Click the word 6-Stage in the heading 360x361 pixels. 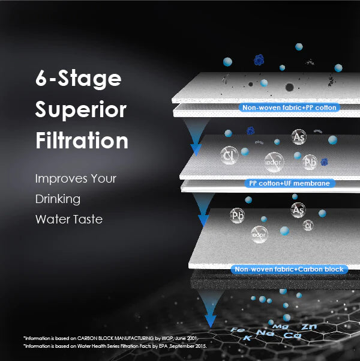(78, 79)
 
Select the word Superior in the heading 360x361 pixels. (80, 110)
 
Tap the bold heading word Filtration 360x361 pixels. (82, 141)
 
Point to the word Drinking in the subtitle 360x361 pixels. (58, 199)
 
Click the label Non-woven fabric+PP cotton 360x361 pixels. (290, 108)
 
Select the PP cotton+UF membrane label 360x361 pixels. (290, 183)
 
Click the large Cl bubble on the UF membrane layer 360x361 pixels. (229, 156)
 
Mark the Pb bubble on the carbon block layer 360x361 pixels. (238, 216)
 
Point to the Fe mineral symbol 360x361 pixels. (237, 332)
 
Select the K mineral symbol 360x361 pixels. (247, 339)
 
